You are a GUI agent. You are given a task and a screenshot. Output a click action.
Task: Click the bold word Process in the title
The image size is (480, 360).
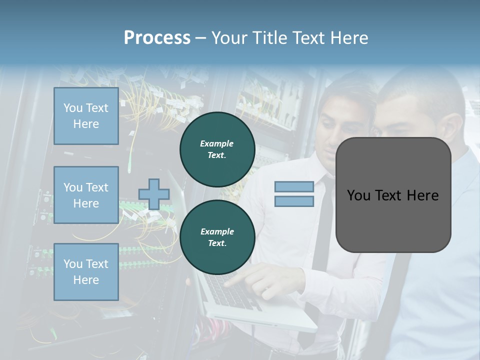[157, 38]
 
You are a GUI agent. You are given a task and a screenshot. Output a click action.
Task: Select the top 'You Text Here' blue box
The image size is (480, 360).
[86, 116]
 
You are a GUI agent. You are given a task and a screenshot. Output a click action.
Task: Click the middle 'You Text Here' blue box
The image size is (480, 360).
[86, 195]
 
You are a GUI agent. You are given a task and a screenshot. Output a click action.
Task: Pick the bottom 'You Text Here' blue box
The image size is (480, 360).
[86, 272]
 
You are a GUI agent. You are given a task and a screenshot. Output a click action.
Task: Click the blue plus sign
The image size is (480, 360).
[154, 194]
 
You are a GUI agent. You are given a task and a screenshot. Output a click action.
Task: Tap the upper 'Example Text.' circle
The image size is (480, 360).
[217, 149]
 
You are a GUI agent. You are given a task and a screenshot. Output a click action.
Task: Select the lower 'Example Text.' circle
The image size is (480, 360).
[217, 237]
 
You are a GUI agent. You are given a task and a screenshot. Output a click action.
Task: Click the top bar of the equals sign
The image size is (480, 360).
[294, 187]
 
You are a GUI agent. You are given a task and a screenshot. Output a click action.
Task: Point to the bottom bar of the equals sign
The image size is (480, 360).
[294, 201]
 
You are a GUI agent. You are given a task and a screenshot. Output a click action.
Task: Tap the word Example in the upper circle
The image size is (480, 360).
[217, 143]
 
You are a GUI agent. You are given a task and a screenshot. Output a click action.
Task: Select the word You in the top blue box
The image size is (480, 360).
[72, 108]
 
